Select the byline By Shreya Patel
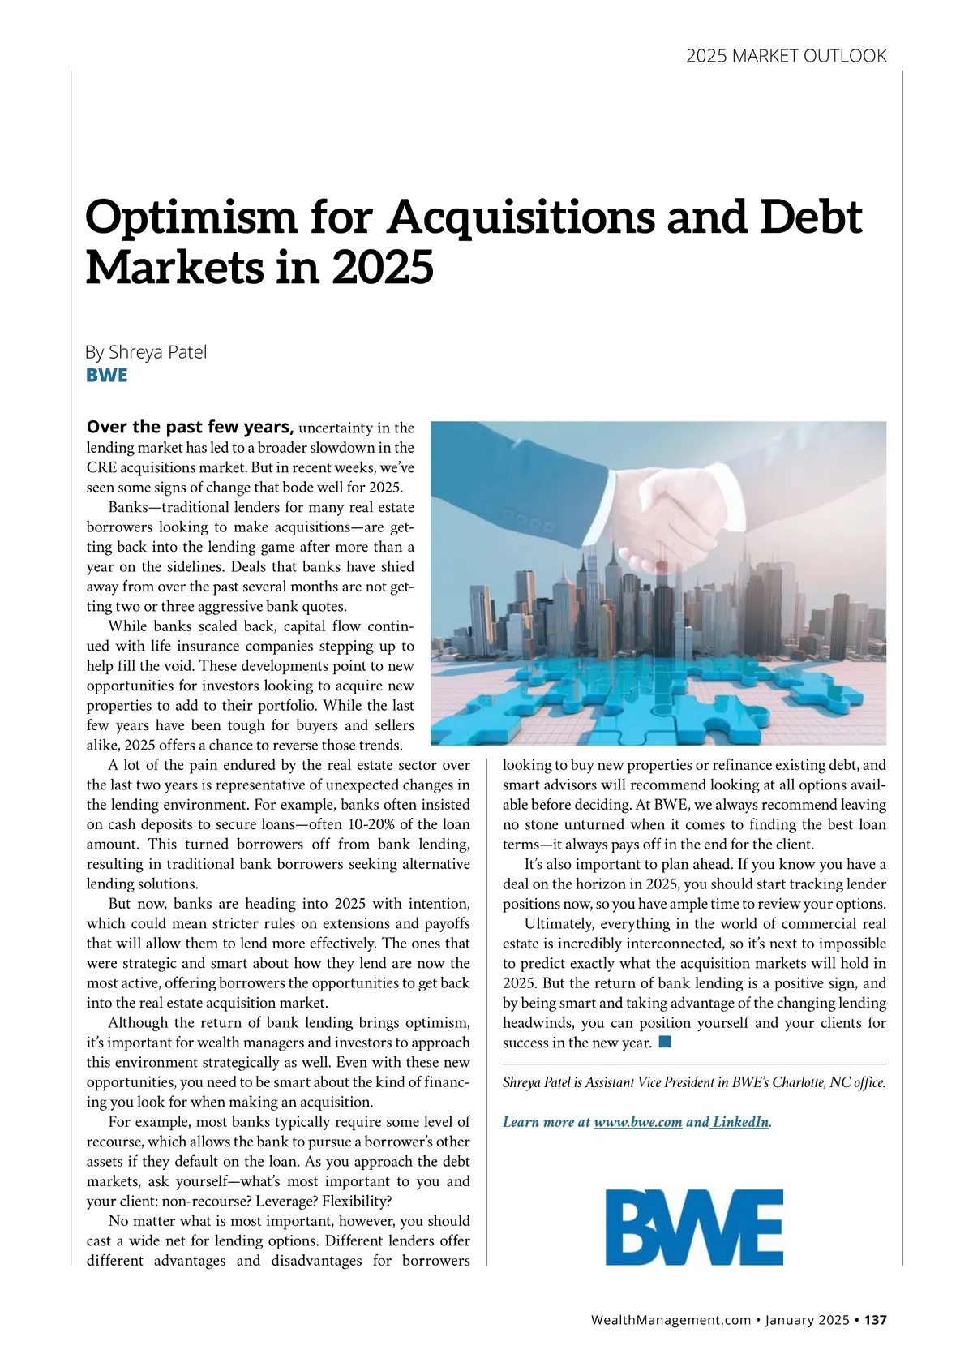(146, 352)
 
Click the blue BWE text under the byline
(106, 376)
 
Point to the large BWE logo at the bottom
(694, 1227)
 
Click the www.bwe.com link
(637, 1123)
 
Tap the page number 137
(875, 1320)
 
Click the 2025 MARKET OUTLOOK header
(786, 56)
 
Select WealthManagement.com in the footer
(671, 1320)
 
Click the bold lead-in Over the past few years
(190, 427)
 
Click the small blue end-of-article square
(665, 1042)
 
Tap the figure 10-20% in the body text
(361, 825)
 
